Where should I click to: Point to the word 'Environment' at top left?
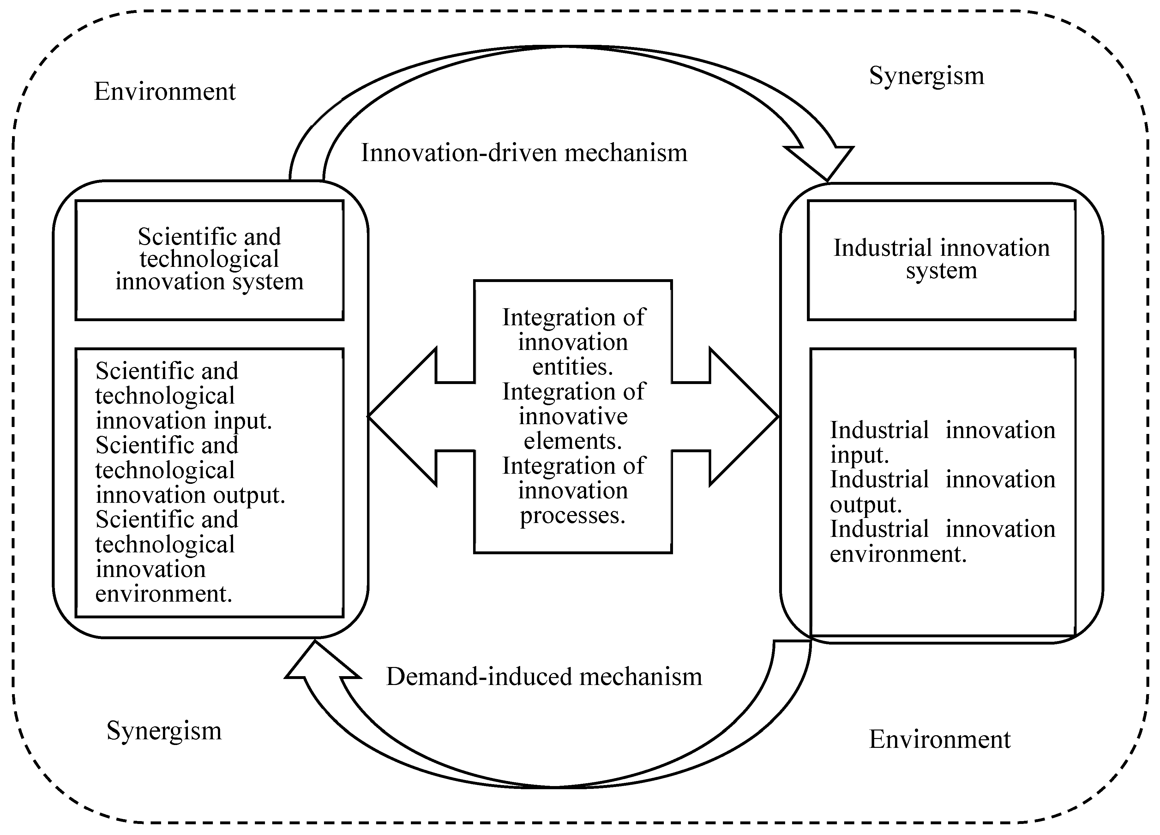[165, 92]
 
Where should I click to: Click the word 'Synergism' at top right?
[926, 76]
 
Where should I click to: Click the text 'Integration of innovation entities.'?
[573, 342]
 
